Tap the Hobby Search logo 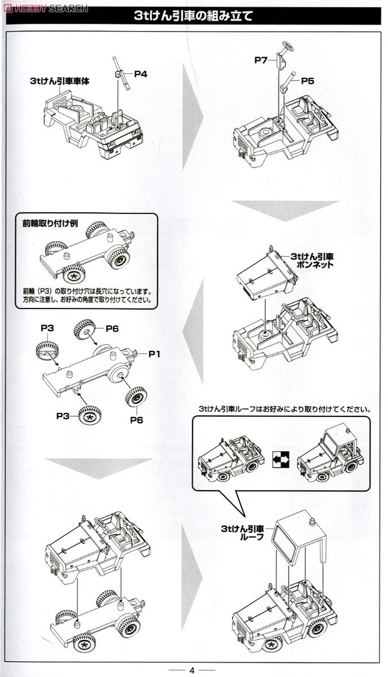pos(45,8)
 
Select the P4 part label pos(141,73)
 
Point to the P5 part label pos(307,81)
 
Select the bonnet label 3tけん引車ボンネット pos(312,260)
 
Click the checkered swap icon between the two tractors pos(281,461)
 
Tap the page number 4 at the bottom pos(191,670)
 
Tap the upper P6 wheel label pos(112,328)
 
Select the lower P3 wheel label pos(63,416)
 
